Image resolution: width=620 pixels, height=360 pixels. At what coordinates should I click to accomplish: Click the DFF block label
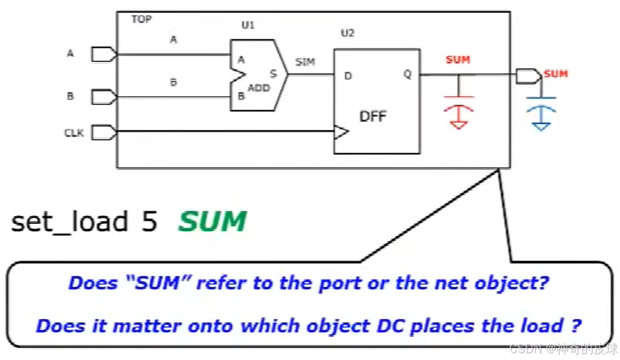tap(373, 117)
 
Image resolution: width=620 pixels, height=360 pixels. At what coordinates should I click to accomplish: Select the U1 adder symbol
tap(258, 75)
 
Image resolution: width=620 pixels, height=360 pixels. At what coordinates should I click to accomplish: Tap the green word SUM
tap(213, 222)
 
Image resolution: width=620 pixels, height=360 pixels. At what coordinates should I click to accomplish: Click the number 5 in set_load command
tap(150, 222)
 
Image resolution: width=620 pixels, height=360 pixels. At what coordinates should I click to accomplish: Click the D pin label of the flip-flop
tap(348, 75)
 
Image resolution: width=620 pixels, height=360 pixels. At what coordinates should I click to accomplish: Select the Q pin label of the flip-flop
tap(407, 74)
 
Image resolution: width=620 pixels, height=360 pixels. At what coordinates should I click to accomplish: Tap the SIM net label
tap(305, 62)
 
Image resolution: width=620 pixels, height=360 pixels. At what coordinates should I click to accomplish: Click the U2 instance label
tap(348, 33)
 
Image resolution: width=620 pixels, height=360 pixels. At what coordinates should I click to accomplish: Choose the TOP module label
tap(141, 19)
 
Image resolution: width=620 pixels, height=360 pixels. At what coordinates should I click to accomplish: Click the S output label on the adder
tap(273, 73)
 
